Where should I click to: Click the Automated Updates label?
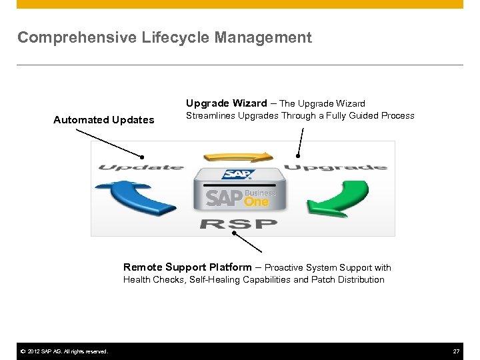pyautogui.click(x=103, y=120)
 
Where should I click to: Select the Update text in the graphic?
pyautogui.click(x=141, y=167)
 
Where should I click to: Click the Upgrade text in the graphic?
pyautogui.click(x=335, y=167)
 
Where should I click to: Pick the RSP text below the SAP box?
pyautogui.click(x=238, y=223)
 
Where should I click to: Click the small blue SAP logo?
pyautogui.click(x=238, y=175)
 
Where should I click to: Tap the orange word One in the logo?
pyautogui.click(x=256, y=201)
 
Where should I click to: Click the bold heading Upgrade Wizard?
pyautogui.click(x=226, y=103)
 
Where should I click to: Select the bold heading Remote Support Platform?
pyautogui.click(x=187, y=267)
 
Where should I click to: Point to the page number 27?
pyautogui.click(x=456, y=351)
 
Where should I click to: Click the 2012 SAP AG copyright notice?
pyautogui.click(x=63, y=351)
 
